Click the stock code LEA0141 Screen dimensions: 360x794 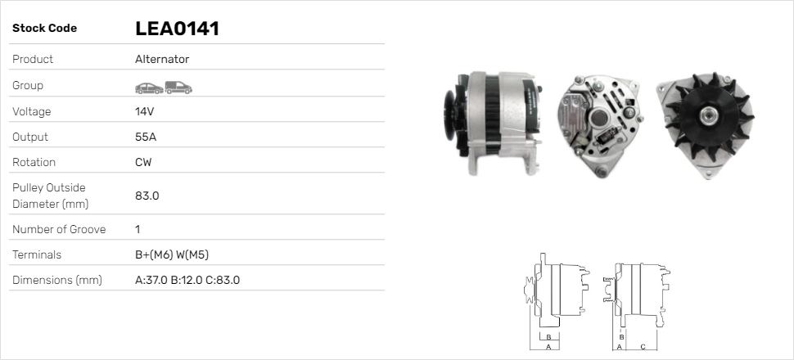tap(177, 29)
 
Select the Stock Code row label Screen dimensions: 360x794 tap(44, 29)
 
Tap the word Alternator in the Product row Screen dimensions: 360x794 tap(162, 60)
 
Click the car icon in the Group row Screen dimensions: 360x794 tap(148, 86)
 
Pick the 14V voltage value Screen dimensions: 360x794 tap(145, 111)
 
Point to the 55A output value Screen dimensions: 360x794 tap(146, 137)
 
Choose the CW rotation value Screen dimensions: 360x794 tap(143, 162)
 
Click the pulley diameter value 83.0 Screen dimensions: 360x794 tap(147, 196)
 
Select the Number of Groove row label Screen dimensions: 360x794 tap(59, 229)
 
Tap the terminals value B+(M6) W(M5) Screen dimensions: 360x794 tap(177, 254)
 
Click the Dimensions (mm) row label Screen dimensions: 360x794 tap(56, 280)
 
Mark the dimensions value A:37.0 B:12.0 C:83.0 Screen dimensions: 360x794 tap(187, 280)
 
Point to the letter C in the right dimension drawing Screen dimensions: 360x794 tap(643, 347)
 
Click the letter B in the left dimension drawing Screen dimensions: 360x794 tap(548, 337)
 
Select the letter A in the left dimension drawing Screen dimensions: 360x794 tap(548, 347)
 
